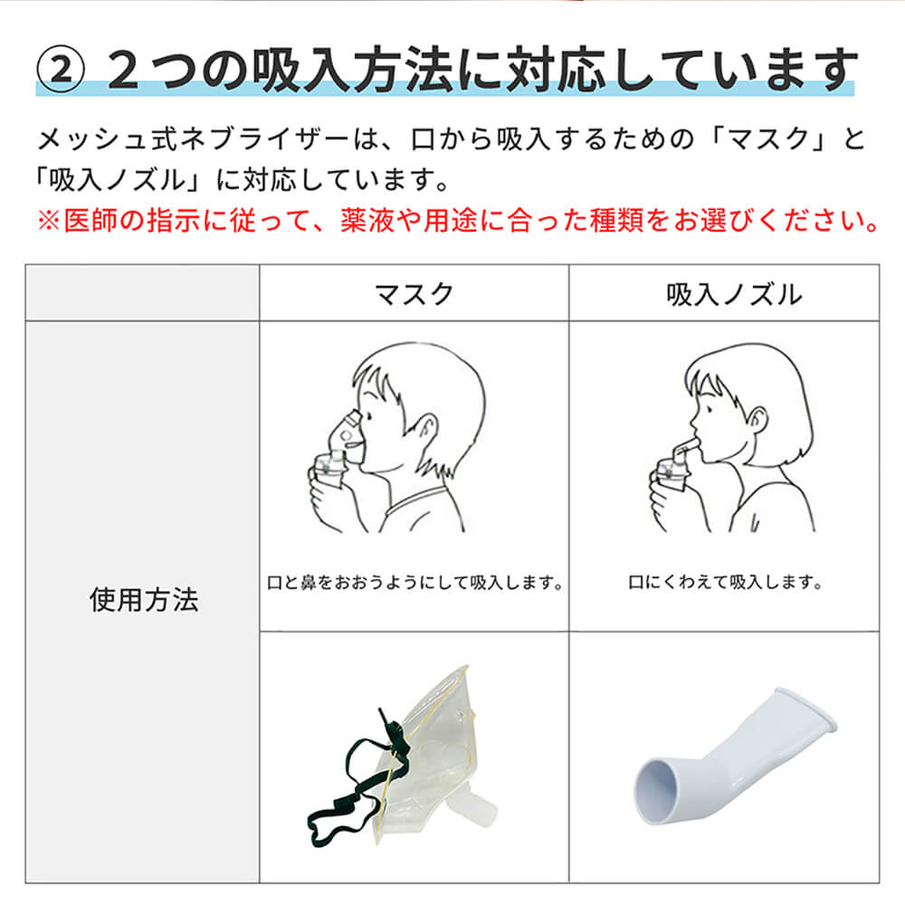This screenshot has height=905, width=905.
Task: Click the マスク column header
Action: [414, 293]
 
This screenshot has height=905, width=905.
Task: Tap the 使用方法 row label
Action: [143, 600]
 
